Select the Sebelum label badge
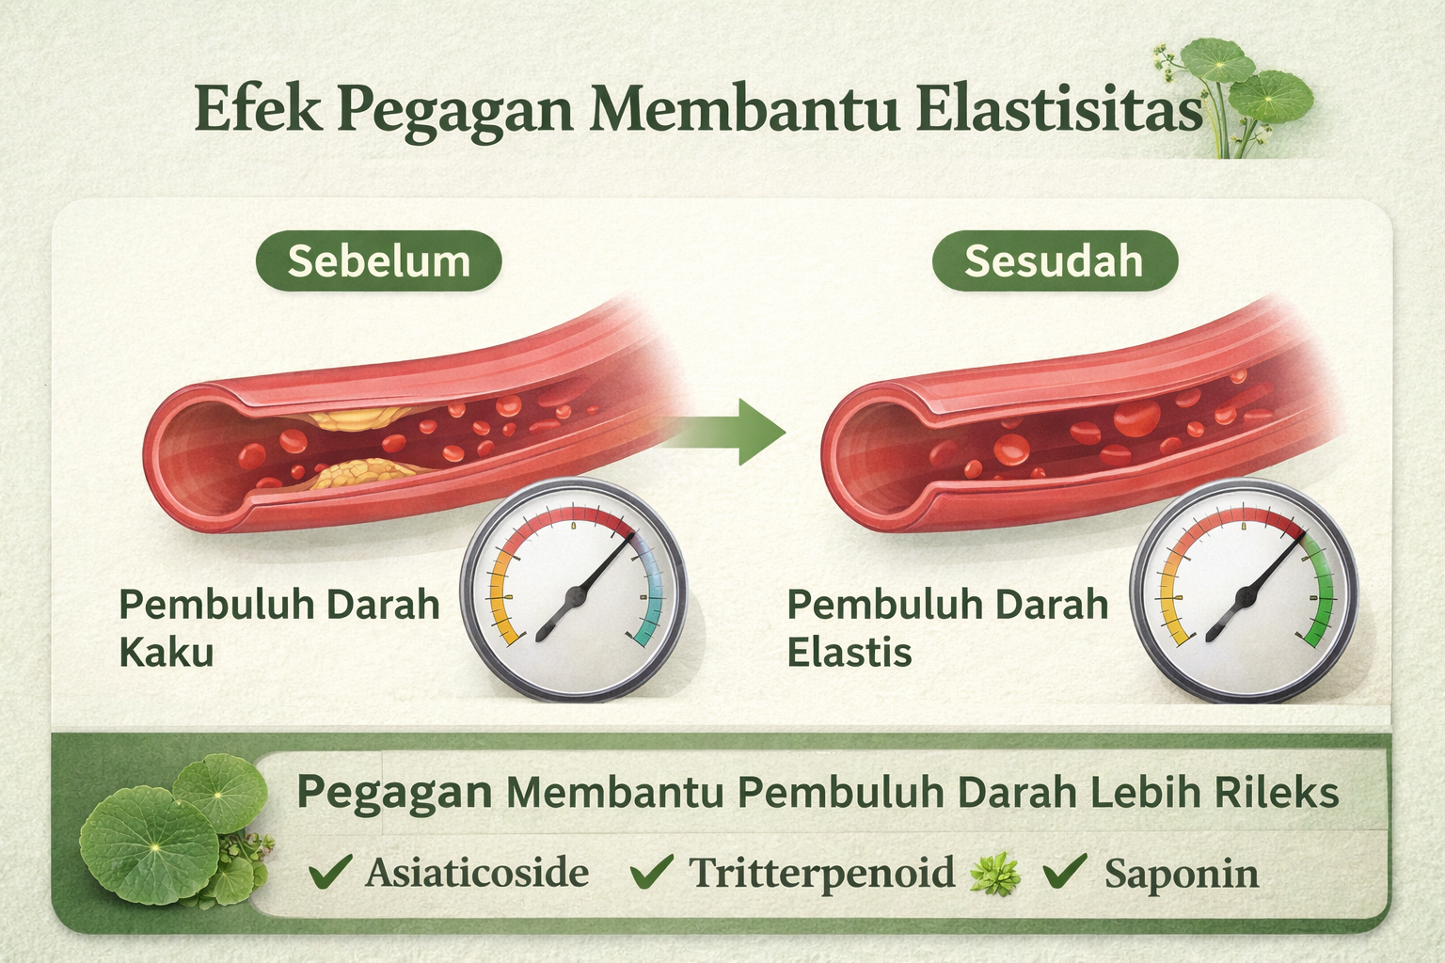(378, 260)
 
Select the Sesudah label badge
(1054, 260)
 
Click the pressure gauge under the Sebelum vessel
(574, 591)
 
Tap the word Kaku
(167, 652)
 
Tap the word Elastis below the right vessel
(849, 652)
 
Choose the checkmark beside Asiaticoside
(331, 872)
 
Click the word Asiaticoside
(477, 873)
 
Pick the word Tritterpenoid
(822, 873)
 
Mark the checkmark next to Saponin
(1065, 872)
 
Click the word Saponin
(1181, 874)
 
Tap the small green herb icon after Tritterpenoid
(995, 874)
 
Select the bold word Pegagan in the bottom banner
(394, 793)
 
